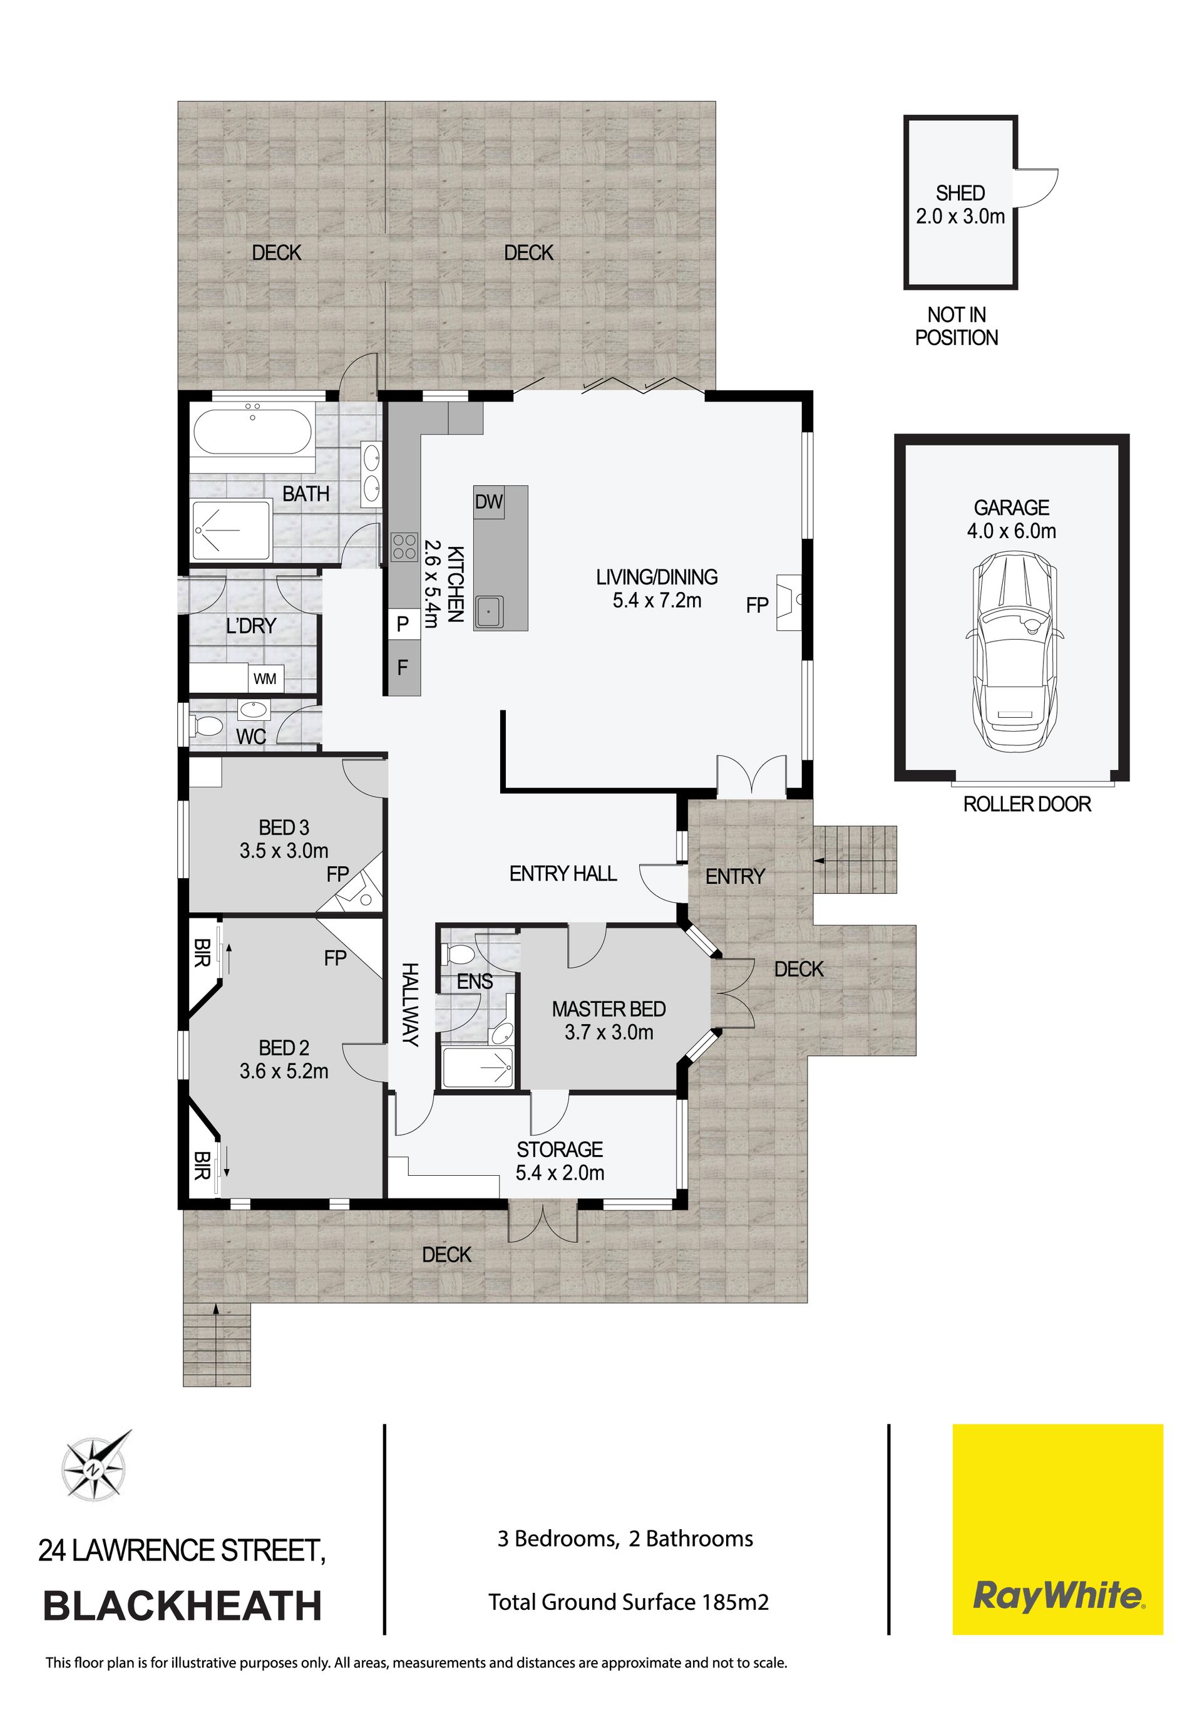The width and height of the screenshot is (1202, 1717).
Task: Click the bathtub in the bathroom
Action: tap(253, 432)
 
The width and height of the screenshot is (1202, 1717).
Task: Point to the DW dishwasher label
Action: tap(489, 502)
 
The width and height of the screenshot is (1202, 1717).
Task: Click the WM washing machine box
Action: tap(265, 678)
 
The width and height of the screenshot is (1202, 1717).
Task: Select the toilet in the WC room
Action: tap(207, 726)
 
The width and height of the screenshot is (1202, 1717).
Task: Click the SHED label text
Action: tap(960, 193)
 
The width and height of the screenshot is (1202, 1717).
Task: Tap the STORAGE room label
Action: tap(559, 1149)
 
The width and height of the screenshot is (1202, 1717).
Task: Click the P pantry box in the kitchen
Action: tap(403, 623)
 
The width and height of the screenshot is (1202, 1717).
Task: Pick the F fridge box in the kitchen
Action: tap(404, 667)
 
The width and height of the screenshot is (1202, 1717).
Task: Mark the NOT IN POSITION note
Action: tap(957, 326)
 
